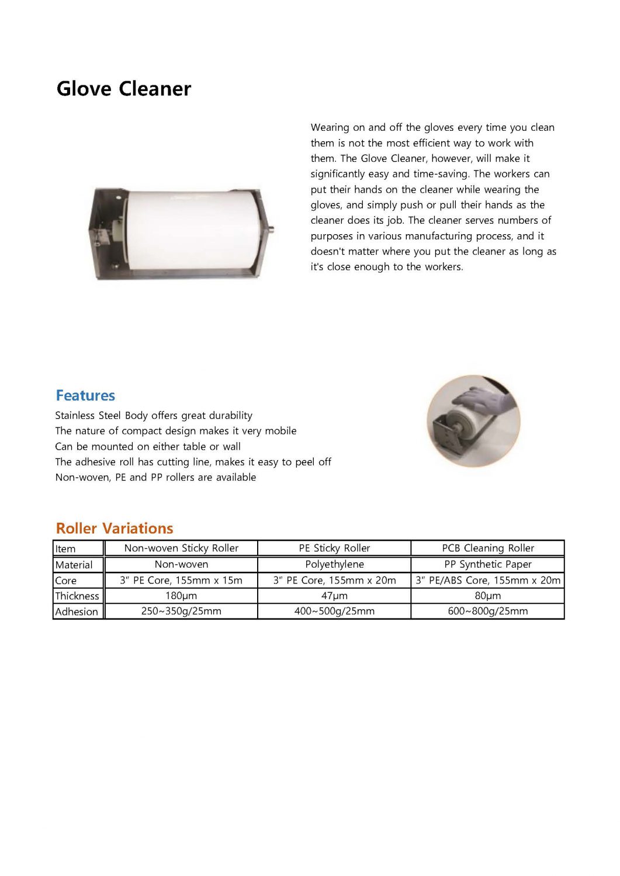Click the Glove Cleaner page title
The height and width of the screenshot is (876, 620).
[x=124, y=89]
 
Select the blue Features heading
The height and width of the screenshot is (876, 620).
[x=85, y=395]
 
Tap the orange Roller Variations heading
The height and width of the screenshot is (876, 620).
[x=115, y=528]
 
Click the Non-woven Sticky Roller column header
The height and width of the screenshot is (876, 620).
[x=181, y=548]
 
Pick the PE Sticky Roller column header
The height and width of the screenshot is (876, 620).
[x=334, y=548]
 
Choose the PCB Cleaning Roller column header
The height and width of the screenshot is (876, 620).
[x=488, y=548]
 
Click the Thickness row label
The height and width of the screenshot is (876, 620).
[x=77, y=596]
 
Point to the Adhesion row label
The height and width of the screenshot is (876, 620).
[x=77, y=611]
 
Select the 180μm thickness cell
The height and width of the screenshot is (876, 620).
[x=181, y=596]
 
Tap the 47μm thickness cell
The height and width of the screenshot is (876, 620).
[x=334, y=596]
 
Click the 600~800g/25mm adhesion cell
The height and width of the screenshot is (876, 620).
[x=488, y=611]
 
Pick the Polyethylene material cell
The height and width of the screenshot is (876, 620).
[x=334, y=564]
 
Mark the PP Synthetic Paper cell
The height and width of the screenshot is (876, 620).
[x=488, y=564]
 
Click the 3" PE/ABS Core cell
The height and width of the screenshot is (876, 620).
[x=488, y=580]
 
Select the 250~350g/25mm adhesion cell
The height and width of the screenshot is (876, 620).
[x=181, y=611]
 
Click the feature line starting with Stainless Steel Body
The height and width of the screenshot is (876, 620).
[x=154, y=415]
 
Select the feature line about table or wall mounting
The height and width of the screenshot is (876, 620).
[x=148, y=446]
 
